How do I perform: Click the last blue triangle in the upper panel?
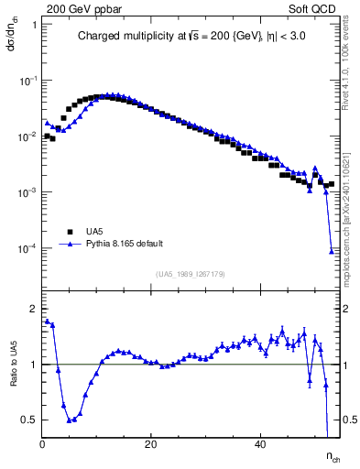pyautogui.click(x=332, y=251)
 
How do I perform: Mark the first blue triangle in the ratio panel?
pyautogui.click(x=47, y=321)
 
